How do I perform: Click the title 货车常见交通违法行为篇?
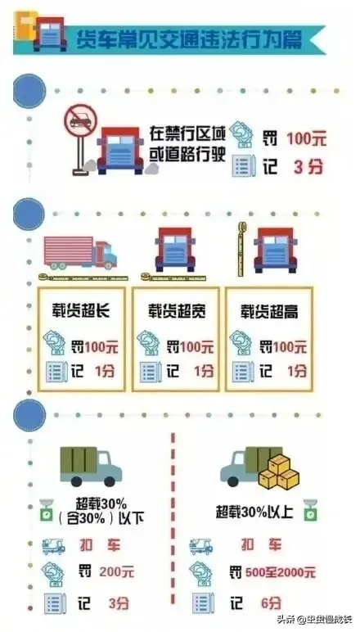pos(188,39)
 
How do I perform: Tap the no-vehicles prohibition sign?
pos(80,120)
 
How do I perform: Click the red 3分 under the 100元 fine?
pos(308,167)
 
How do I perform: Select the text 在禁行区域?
pos(188,133)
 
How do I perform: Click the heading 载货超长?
pos(80,311)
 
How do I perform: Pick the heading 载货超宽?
pos(177,311)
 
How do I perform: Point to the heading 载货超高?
pos(269,312)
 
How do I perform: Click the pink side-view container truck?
pos(80,253)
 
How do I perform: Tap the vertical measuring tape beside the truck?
pos(241,249)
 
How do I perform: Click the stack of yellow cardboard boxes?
pos(279,472)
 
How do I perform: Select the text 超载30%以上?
pos(254,512)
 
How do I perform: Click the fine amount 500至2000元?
pos(279,572)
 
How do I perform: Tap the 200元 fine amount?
pos(117,571)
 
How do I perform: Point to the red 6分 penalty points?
pos(271,603)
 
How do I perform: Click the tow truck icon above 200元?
pos(53,547)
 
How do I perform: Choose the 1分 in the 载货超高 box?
pos(297,371)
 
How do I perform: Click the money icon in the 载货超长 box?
pos(54,342)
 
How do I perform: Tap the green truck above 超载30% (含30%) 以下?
pos(91,466)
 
